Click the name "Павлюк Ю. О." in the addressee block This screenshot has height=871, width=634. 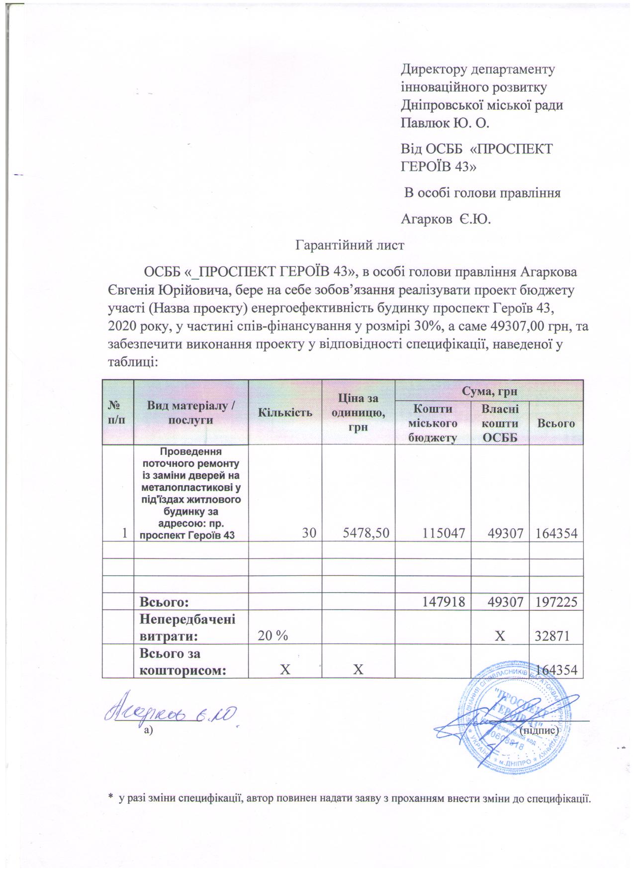tap(445, 122)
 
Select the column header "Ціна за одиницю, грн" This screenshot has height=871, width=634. tap(358, 412)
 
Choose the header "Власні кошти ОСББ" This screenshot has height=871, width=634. tap(500, 423)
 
